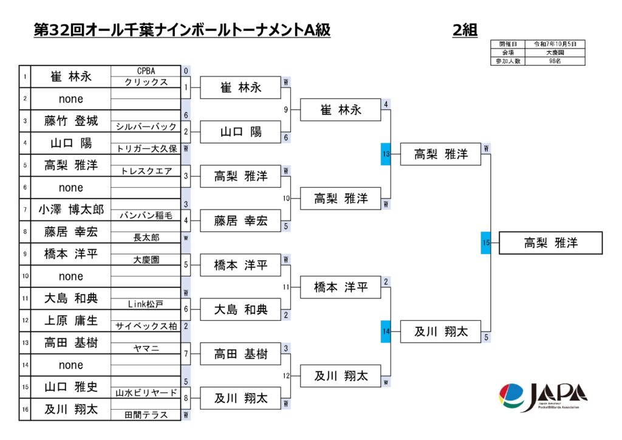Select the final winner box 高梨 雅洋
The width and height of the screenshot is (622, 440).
coord(550,243)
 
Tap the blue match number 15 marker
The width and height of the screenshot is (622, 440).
coord(486,243)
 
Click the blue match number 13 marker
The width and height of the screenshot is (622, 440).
coord(386,154)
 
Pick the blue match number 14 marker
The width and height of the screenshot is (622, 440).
coord(386,332)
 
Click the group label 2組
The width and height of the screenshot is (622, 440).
coord(465,30)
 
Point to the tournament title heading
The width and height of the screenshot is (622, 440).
coord(182,30)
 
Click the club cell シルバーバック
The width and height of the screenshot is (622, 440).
coord(146,126)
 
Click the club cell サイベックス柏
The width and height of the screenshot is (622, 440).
coord(146,326)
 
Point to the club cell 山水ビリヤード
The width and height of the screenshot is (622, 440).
coord(146,393)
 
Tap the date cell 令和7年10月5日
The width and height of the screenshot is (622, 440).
coord(559,44)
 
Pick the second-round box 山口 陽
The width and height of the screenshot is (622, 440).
coord(241,132)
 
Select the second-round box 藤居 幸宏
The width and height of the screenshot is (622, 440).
coord(241,221)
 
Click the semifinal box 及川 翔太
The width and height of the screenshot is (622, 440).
coord(441,332)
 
